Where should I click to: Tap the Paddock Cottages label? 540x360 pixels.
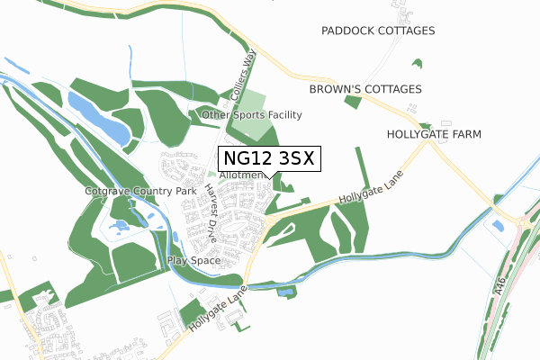tap(378, 31)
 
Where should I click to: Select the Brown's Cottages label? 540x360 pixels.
tap(365, 90)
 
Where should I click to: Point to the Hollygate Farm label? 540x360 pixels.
tap(434, 134)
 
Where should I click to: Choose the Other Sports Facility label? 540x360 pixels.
tap(252, 115)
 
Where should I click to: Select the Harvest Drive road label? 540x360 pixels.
tap(210, 214)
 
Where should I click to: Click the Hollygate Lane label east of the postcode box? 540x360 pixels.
tap(369, 188)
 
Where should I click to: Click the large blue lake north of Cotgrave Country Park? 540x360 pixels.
tap(98, 116)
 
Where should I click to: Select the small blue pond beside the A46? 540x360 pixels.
tap(498, 224)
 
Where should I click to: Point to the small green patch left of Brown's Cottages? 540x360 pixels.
tap(353, 102)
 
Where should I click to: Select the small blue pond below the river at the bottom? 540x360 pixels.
tap(286, 292)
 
